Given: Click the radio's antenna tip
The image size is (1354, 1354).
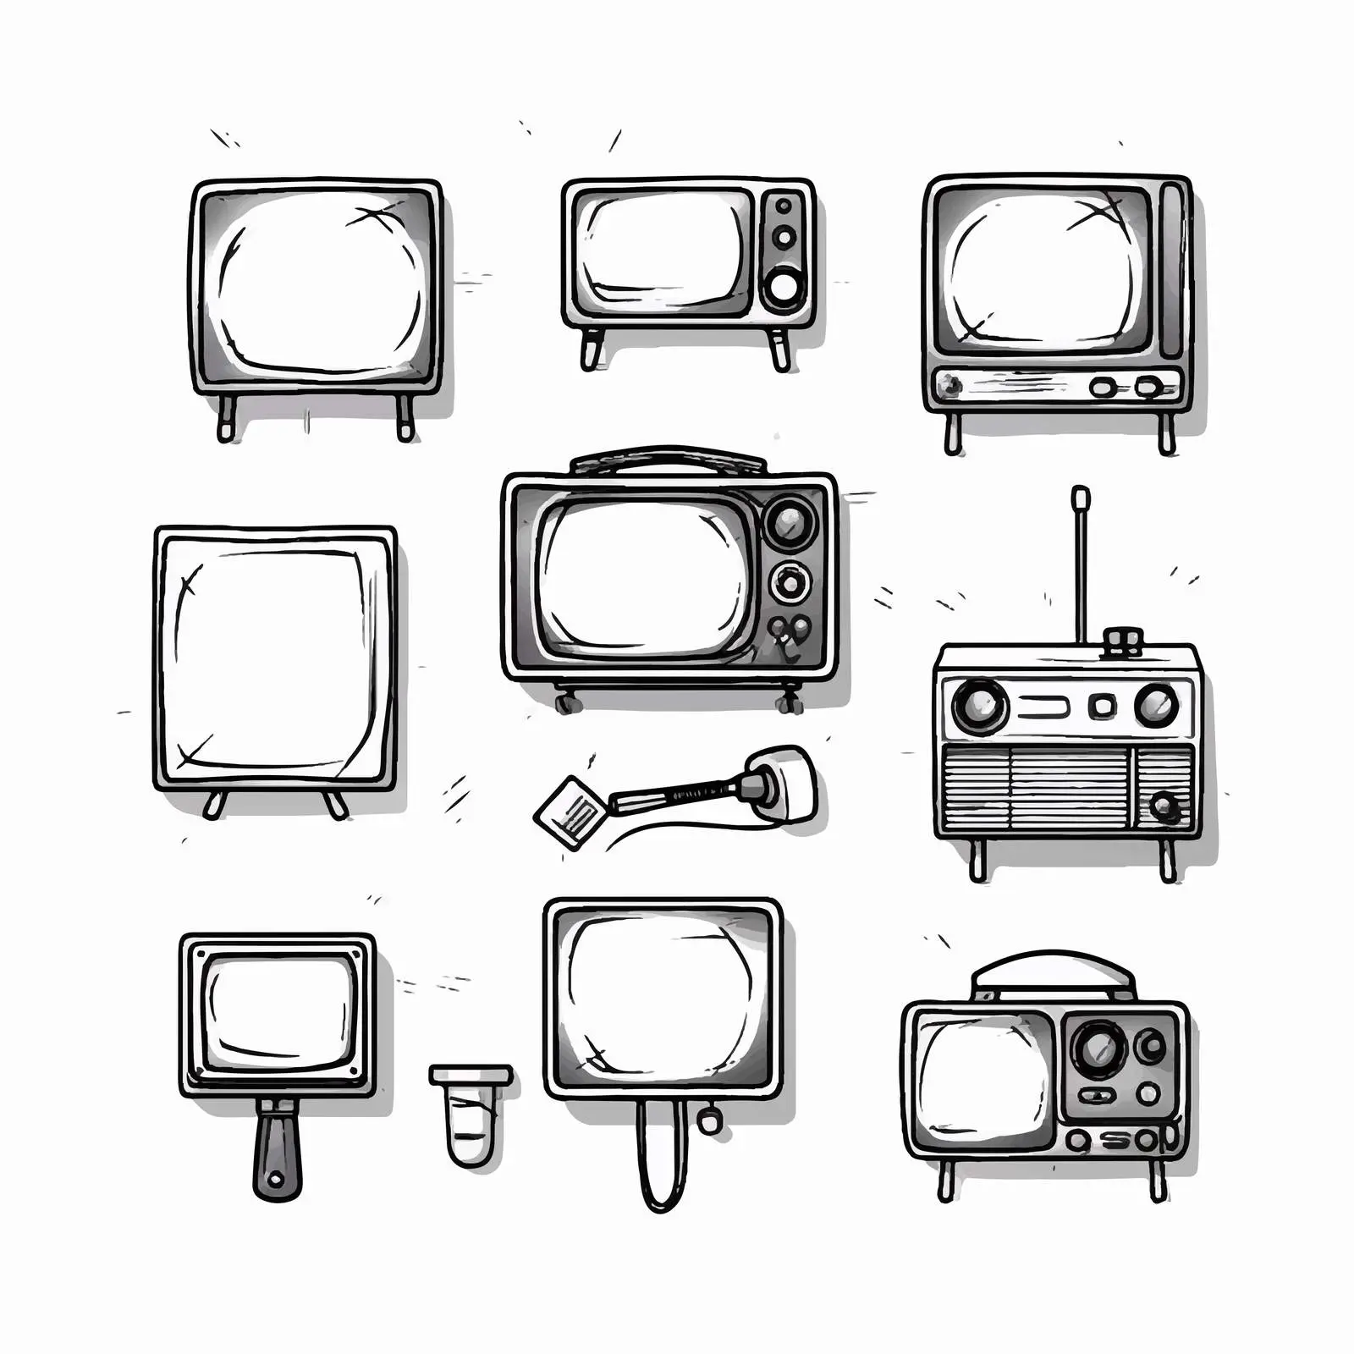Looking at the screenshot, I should tap(1080, 495).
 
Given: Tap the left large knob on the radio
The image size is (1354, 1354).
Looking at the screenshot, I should tap(980, 706).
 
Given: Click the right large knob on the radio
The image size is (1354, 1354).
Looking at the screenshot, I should tap(1156, 705).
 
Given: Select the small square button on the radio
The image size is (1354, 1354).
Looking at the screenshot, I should tap(1102, 705).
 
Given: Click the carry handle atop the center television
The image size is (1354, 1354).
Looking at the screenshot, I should tap(669, 460).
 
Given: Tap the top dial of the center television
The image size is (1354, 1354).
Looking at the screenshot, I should tap(790, 521).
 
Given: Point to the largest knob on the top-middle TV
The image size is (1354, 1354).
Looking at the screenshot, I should tap(784, 288).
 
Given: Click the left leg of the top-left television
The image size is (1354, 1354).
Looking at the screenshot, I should tap(226, 418).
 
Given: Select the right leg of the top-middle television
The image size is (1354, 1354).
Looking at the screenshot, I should tap(780, 350).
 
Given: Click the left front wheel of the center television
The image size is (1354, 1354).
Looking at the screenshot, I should tap(565, 701).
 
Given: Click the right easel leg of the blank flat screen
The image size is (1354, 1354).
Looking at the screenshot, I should tap(336, 805).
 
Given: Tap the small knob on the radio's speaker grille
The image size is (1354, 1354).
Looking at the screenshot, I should tap(1164, 806).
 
